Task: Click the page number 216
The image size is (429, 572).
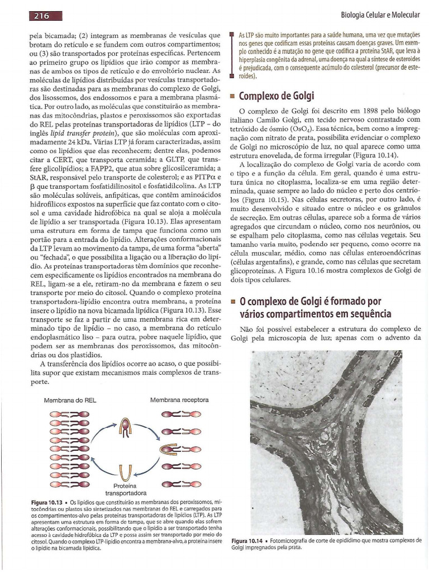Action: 42,16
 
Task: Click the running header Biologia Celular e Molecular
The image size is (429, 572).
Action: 379,13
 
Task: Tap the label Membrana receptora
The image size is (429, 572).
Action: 179,400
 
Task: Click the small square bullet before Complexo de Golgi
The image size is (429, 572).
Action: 234,96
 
